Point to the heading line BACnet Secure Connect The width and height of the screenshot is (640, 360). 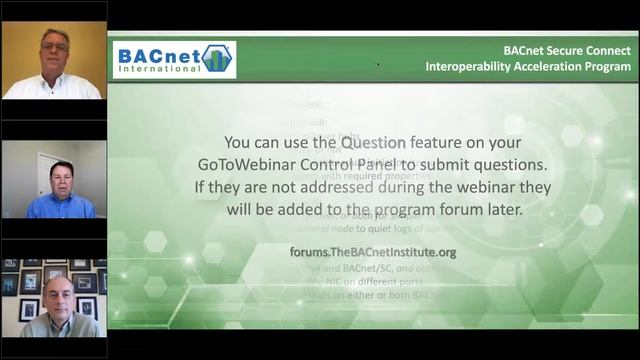coord(567,48)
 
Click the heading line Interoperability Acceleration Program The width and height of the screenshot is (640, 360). coord(528,66)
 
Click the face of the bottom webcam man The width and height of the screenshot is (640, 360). coord(57,295)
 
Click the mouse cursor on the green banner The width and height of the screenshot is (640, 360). coord(378,65)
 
